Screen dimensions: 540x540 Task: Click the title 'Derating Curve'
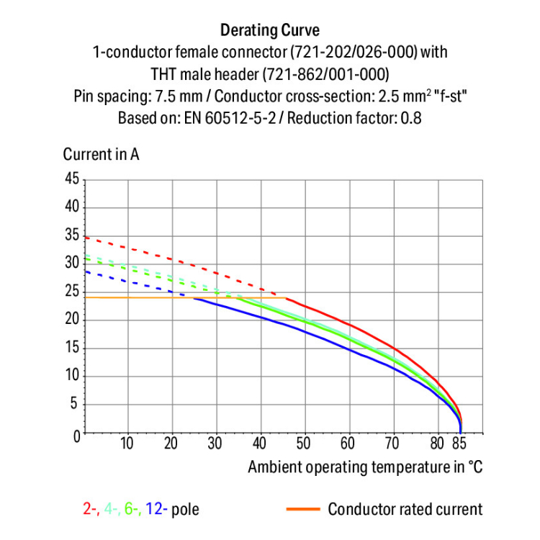(270, 30)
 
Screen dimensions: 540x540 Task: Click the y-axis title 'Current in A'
(101, 155)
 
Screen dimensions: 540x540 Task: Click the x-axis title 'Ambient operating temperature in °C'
(365, 467)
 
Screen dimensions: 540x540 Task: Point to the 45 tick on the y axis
(71, 179)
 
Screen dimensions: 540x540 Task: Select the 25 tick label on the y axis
(71, 292)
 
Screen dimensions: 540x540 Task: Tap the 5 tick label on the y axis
(75, 405)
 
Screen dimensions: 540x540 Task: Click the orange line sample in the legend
(302, 510)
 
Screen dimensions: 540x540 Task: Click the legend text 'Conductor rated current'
(405, 510)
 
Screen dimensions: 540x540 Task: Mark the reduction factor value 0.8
(410, 118)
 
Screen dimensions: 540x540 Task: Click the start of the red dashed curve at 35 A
(86, 237)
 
